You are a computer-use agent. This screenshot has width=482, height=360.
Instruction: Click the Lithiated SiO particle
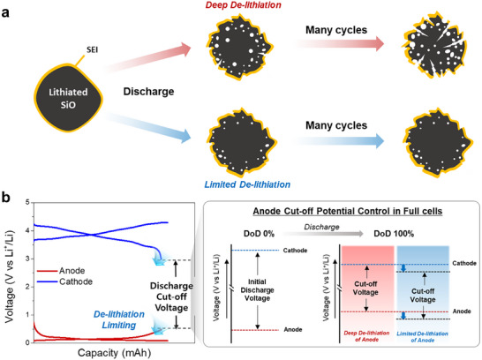click(68, 98)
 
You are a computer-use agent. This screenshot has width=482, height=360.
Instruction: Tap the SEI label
click(92, 49)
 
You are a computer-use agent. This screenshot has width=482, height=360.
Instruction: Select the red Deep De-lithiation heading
click(243, 5)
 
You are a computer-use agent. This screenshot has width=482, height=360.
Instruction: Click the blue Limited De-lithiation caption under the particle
click(247, 184)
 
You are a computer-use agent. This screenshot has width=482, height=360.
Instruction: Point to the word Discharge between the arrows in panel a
click(149, 92)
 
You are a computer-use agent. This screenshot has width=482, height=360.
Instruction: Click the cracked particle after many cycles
click(434, 46)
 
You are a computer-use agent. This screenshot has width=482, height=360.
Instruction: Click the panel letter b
click(6, 198)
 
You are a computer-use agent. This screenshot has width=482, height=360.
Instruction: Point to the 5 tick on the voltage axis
click(27, 202)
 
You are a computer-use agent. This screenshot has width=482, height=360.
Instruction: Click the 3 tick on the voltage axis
click(27, 259)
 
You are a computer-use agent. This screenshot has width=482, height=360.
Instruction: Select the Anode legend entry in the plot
click(61, 271)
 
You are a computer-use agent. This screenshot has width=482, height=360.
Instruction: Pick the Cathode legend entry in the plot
click(64, 281)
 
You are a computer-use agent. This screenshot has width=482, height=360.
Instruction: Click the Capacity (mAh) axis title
click(115, 353)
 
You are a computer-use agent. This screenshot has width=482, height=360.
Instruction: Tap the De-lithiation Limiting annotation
click(119, 319)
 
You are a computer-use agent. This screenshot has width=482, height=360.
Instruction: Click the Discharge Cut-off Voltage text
click(171, 296)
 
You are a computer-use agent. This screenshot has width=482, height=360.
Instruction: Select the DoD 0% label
click(259, 234)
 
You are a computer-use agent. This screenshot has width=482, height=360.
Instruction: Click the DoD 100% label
click(394, 234)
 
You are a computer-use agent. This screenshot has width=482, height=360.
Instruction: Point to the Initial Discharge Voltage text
click(257, 290)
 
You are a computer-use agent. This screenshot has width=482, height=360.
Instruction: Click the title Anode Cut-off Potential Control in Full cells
click(348, 212)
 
